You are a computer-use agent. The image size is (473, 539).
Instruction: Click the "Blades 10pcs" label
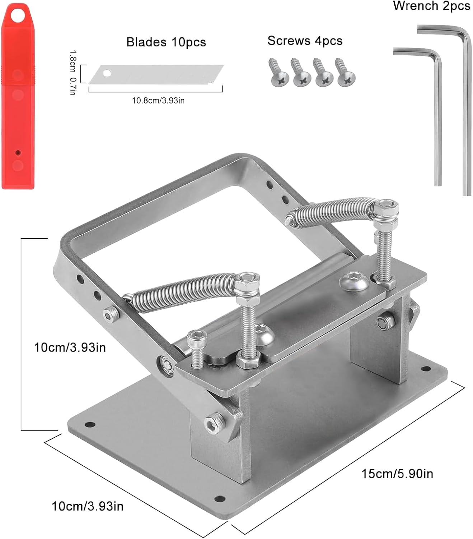point(166,42)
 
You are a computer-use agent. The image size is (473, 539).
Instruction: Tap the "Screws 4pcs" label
point(305,41)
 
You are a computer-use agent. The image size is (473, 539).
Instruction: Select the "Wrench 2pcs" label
point(431,6)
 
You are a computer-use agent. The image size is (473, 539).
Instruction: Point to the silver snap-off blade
point(156,75)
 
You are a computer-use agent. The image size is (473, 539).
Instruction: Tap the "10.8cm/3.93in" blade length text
point(158,101)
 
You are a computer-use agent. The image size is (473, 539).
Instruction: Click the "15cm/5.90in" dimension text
point(397,474)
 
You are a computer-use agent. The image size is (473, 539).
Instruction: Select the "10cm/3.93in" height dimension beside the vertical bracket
point(70,347)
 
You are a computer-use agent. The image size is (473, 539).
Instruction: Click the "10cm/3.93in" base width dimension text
point(88,506)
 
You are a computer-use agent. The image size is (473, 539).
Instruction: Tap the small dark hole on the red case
point(18,153)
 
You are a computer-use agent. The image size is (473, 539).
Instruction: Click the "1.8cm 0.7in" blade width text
point(72,73)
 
